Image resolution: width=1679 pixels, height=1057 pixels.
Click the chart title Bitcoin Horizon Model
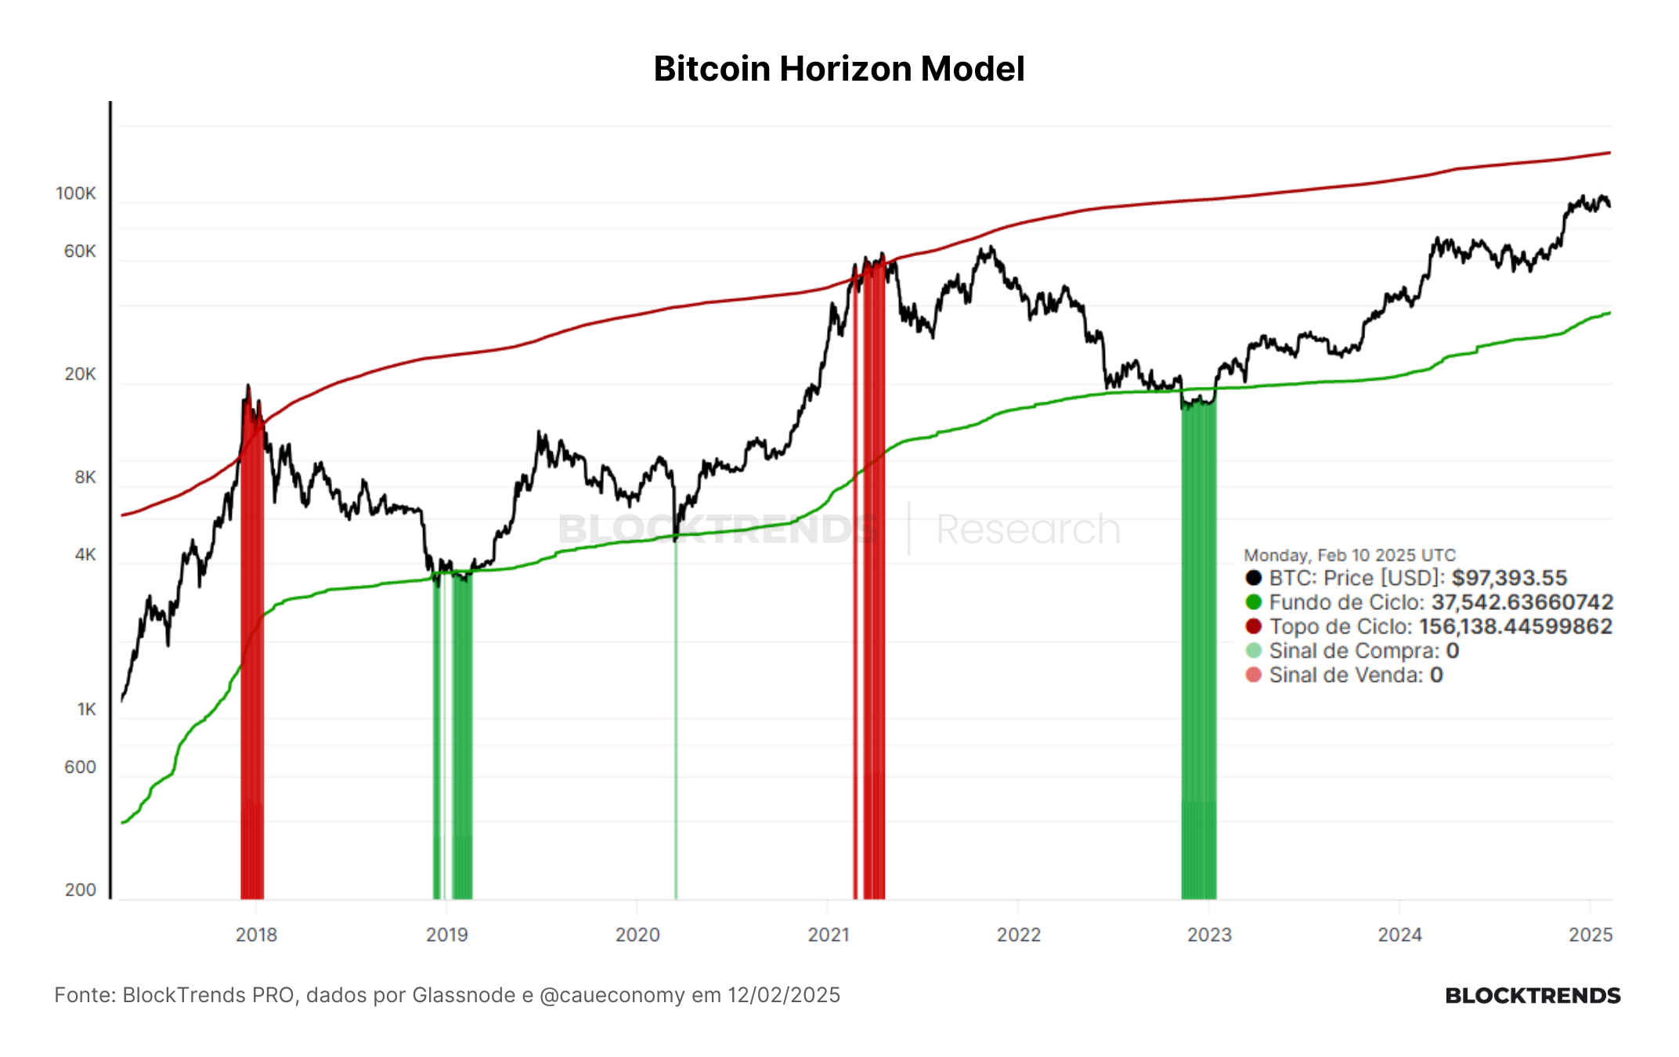[x=839, y=69]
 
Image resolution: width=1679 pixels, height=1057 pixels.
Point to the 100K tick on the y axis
[x=76, y=193]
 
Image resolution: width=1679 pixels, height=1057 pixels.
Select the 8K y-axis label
[x=85, y=477]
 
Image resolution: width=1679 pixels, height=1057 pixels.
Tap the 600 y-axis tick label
[x=81, y=767]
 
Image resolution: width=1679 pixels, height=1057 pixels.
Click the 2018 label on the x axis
[x=256, y=934]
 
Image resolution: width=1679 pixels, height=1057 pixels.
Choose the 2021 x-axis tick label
[x=829, y=934]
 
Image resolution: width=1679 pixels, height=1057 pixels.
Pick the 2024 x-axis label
[x=1400, y=934]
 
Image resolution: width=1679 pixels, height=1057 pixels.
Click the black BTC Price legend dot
[x=1254, y=578]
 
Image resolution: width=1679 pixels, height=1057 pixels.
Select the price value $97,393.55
[x=1509, y=578]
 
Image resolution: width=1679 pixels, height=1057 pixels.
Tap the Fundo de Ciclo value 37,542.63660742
[x=1522, y=602]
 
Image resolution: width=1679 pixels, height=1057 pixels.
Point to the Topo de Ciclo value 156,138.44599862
[x=1515, y=626]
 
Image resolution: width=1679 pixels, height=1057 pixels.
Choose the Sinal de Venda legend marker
[x=1254, y=675]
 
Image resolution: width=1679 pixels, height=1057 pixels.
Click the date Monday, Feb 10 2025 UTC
[x=1350, y=555]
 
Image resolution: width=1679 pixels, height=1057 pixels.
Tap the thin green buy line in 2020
[x=676, y=712]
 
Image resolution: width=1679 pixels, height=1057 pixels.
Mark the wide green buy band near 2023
[x=1199, y=650]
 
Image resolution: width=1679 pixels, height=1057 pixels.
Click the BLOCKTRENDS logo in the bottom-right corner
[x=1533, y=995]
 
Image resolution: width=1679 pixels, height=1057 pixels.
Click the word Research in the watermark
[x=1028, y=529]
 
